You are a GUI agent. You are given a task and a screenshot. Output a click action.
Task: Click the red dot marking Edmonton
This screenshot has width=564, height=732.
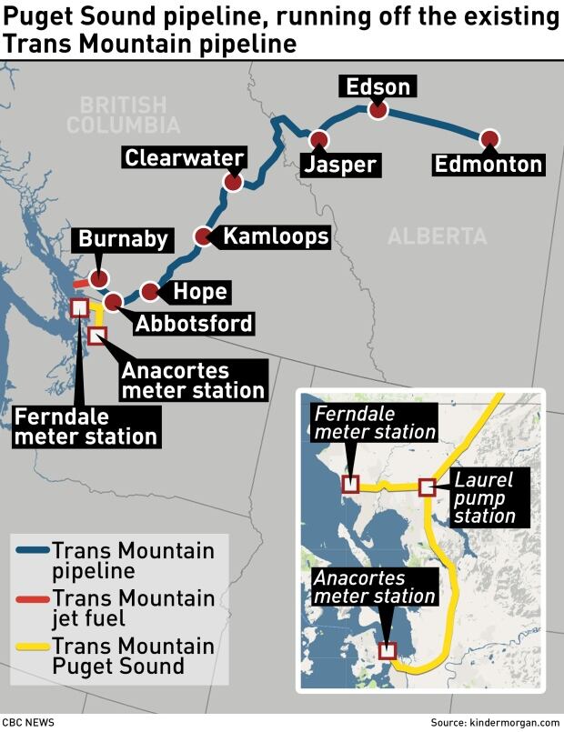click(490, 138)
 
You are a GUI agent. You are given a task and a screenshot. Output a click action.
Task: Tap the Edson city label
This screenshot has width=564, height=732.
click(378, 87)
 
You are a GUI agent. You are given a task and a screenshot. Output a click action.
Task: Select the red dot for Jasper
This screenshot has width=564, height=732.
click(318, 139)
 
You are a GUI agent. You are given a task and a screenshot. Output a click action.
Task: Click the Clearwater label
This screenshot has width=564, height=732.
click(185, 157)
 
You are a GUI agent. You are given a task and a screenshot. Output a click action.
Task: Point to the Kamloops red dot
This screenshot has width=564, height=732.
click(204, 236)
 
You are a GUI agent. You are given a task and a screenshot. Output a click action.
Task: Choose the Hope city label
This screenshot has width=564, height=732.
click(199, 292)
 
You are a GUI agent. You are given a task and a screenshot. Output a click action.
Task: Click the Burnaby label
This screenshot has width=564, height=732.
click(123, 239)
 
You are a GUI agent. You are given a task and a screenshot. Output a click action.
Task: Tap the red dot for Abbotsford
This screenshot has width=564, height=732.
click(113, 302)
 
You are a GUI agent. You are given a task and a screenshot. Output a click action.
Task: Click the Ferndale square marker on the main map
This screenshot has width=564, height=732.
click(79, 308)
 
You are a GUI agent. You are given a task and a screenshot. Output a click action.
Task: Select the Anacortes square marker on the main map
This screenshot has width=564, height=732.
click(97, 336)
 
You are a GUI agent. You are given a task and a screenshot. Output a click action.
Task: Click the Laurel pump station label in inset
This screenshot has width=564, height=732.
click(484, 497)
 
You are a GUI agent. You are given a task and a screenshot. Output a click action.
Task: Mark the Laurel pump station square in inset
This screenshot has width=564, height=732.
click(427, 487)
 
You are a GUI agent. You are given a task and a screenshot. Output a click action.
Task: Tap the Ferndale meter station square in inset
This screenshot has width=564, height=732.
click(350, 485)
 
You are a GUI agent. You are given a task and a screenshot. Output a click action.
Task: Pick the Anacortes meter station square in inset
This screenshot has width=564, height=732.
click(388, 650)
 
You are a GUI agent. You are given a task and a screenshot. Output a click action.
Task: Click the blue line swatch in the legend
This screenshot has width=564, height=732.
click(31, 551)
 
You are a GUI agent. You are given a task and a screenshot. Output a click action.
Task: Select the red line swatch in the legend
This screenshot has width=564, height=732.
click(31, 598)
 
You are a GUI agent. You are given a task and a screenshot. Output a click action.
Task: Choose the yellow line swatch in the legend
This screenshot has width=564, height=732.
click(31, 647)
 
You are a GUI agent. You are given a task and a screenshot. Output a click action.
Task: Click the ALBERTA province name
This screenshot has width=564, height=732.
click(437, 236)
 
